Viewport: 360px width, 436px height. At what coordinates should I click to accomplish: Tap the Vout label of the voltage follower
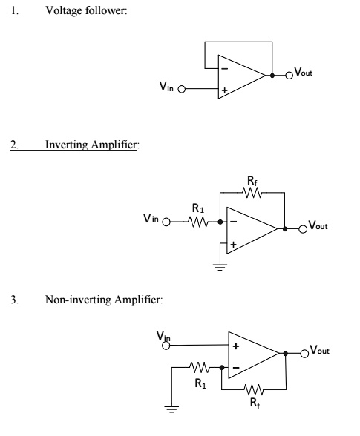(x=304, y=73)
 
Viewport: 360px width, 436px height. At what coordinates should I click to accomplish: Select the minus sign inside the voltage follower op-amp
(x=223, y=69)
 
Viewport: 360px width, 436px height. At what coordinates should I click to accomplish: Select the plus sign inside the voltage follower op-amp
(x=223, y=92)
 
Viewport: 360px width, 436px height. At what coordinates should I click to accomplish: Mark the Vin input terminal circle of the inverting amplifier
(x=166, y=222)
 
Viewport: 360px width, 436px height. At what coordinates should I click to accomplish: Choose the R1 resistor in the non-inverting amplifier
(x=198, y=366)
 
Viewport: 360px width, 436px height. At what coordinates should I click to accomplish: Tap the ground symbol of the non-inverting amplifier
(x=171, y=407)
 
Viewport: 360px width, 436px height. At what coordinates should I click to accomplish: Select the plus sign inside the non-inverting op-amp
(x=236, y=346)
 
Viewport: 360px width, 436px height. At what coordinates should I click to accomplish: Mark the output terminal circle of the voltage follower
(x=290, y=76)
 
